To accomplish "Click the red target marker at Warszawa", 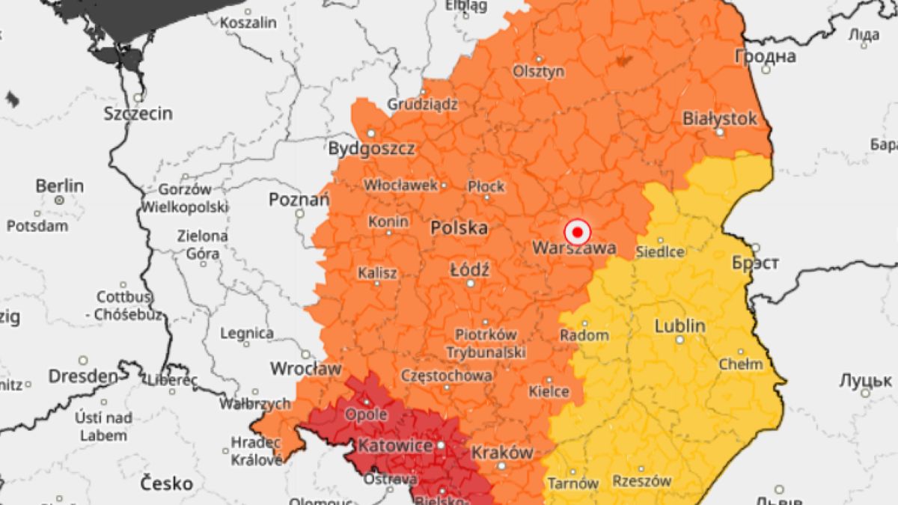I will point(577,232).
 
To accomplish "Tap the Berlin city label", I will point(59,186).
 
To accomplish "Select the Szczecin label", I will point(138,114).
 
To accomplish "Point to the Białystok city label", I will point(719,118).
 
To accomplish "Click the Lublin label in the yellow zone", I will point(679,325).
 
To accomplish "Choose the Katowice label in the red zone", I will point(395,447).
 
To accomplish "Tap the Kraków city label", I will point(501,452).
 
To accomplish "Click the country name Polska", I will point(459,228).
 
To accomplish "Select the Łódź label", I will point(470,270).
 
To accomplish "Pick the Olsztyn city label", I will point(538,71).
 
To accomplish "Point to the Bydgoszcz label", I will point(371,148).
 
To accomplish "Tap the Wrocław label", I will point(305,368).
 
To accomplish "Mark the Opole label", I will point(365,414).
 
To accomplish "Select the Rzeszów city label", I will point(641,481).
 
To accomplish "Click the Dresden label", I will point(83,375).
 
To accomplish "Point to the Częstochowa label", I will point(447,375).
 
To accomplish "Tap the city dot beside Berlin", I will point(59,201).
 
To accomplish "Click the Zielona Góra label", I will point(202,245).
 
